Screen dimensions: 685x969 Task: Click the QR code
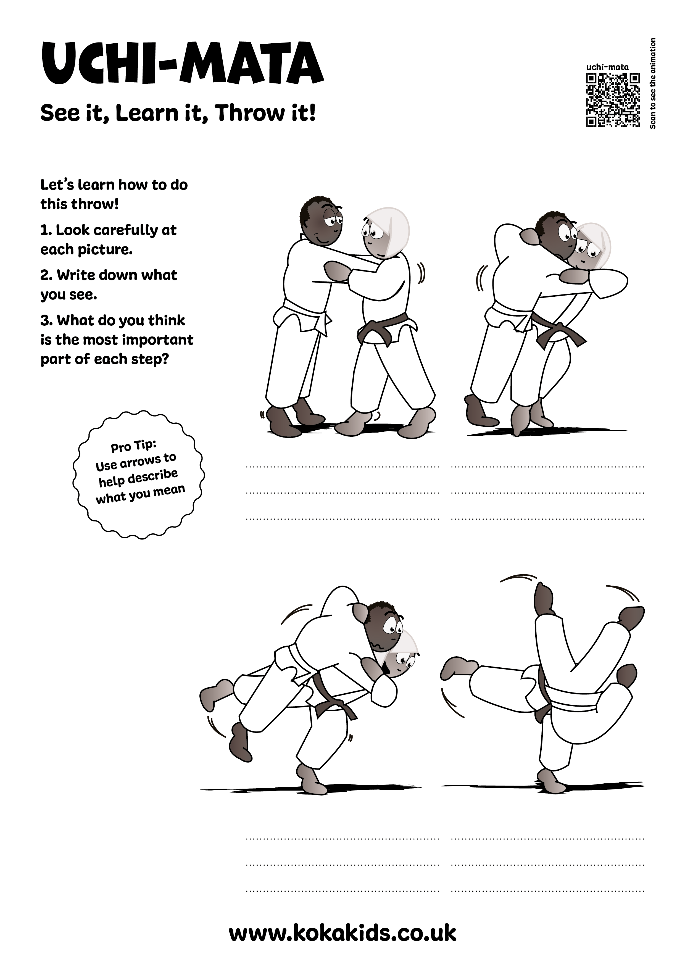point(613,100)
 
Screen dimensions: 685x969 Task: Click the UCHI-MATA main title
point(182,64)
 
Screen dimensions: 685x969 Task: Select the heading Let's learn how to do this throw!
point(114,194)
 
